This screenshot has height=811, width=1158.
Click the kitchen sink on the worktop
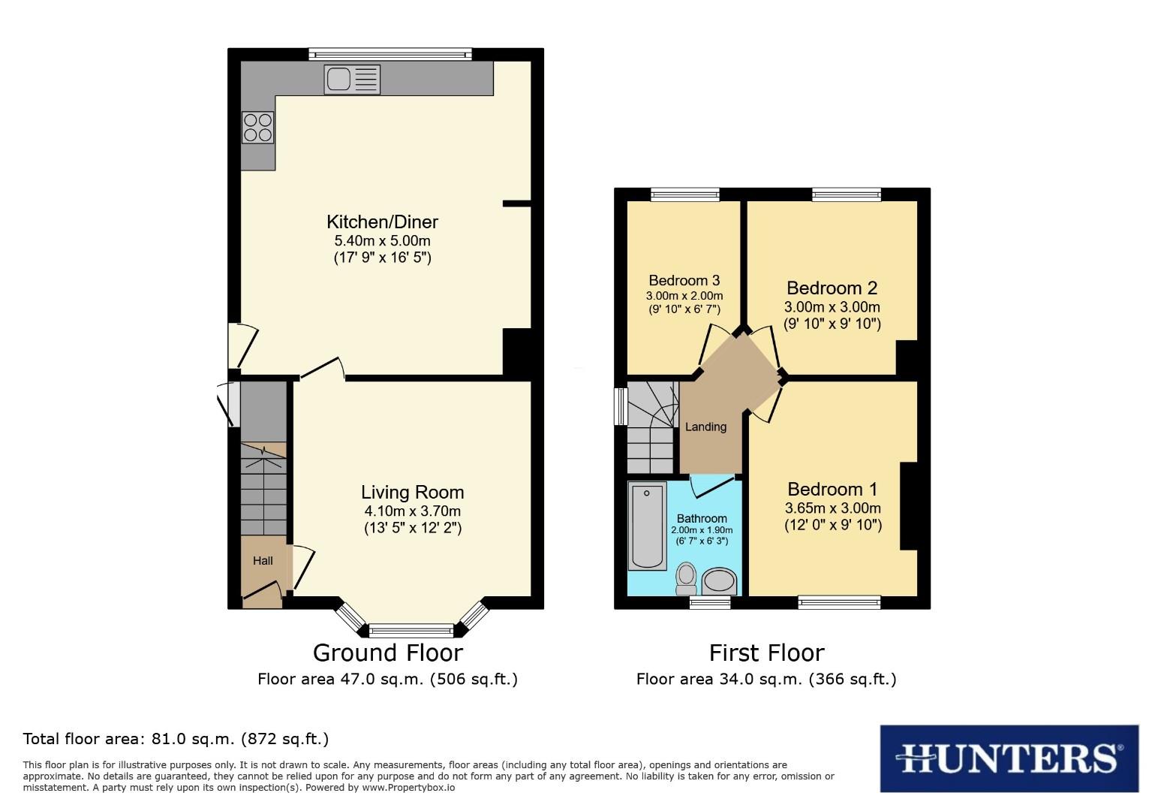pyautogui.click(x=352, y=79)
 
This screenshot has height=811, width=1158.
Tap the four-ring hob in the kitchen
pyautogui.click(x=257, y=127)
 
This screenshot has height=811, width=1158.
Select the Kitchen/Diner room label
pyautogui.click(x=382, y=222)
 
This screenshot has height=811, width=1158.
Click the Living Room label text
pyautogui.click(x=412, y=492)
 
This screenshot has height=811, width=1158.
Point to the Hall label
pyautogui.click(x=263, y=560)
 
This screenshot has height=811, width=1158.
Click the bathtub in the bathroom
pyautogui.click(x=648, y=526)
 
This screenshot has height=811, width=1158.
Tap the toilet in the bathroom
pyautogui.click(x=686, y=577)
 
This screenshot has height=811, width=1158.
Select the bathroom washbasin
pyautogui.click(x=720, y=581)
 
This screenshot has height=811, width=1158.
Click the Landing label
pyautogui.click(x=705, y=427)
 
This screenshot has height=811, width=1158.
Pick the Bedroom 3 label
pyautogui.click(x=684, y=280)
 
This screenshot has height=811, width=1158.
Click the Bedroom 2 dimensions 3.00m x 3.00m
pyautogui.click(x=832, y=307)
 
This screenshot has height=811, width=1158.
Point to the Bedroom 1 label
pyautogui.click(x=832, y=489)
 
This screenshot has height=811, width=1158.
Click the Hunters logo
pyautogui.click(x=1009, y=758)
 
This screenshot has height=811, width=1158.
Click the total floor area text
pyautogui.click(x=176, y=739)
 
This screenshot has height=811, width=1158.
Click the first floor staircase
pyautogui.click(x=650, y=425)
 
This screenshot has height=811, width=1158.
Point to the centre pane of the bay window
pyautogui.click(x=411, y=630)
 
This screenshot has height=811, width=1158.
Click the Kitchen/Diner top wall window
pyautogui.click(x=390, y=54)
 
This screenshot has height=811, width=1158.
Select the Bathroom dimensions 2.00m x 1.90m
pyautogui.click(x=702, y=530)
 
